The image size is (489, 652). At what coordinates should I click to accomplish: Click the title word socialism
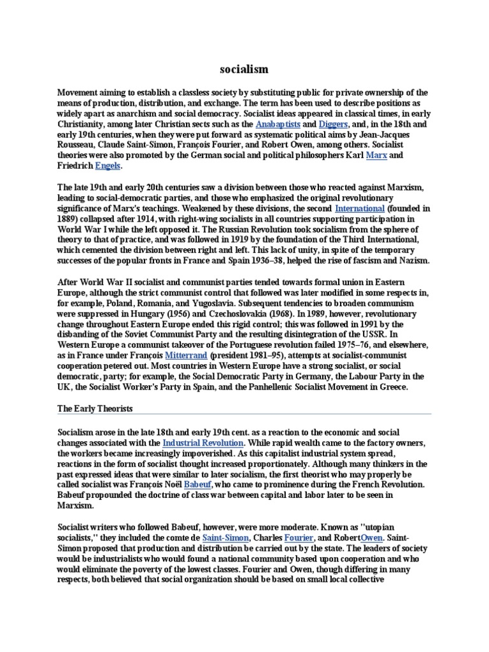point(244,69)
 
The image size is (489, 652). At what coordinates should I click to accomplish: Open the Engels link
point(107,166)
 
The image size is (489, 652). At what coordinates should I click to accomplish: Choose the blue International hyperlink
point(360,208)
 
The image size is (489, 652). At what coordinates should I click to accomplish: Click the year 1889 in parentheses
point(69,218)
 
